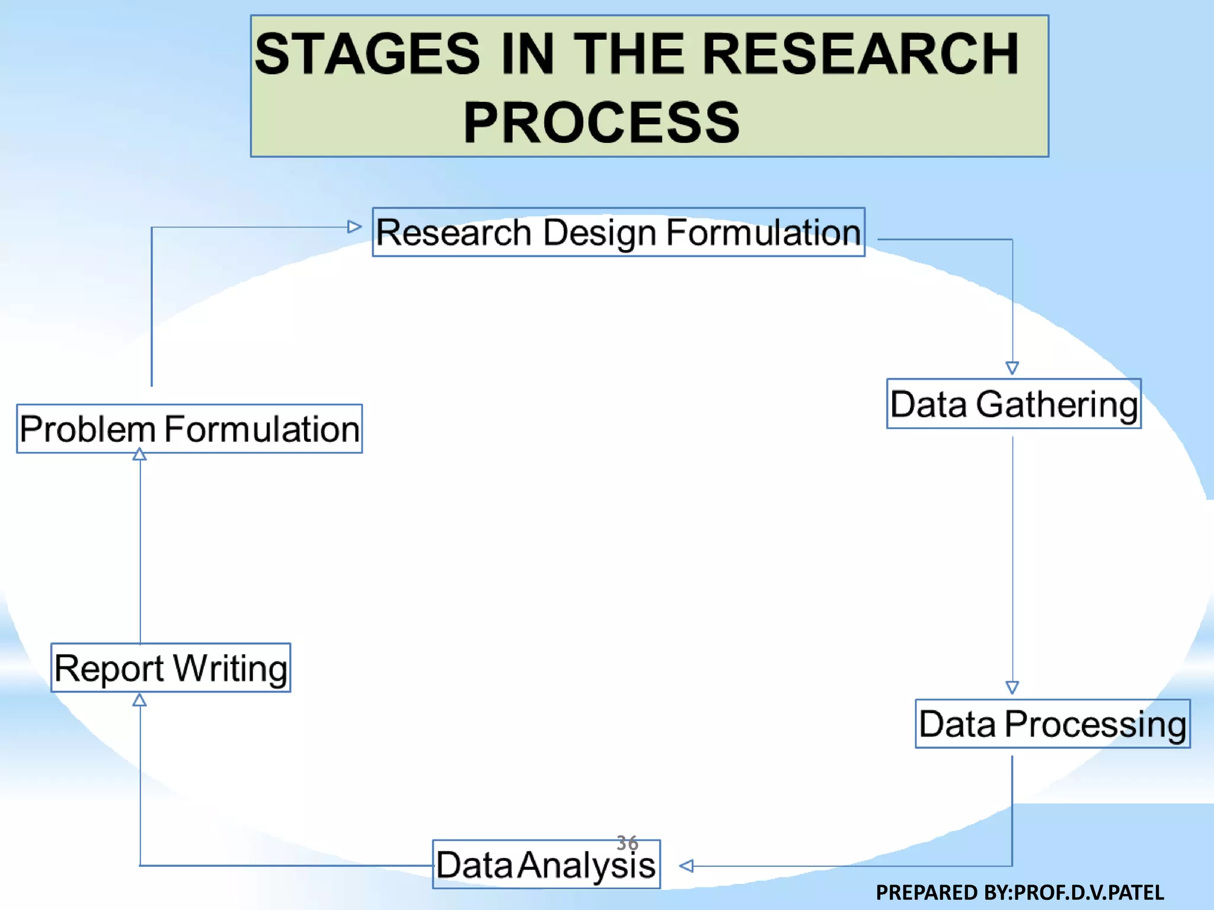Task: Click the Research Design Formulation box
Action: tap(618, 232)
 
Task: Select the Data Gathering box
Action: tap(1014, 404)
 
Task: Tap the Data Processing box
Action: tap(1052, 724)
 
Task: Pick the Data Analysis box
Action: tap(546, 865)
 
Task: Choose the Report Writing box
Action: tap(171, 668)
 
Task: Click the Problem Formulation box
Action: tap(189, 429)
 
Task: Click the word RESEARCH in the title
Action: tap(860, 55)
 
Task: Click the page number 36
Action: tap(627, 842)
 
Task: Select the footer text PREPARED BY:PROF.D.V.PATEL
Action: tap(1020, 892)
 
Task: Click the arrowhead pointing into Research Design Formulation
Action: tap(354, 227)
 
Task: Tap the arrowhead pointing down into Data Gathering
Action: tap(1012, 368)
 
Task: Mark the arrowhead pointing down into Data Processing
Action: tap(1012, 687)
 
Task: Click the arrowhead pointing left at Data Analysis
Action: tap(686, 866)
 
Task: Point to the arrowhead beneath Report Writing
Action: tap(139, 700)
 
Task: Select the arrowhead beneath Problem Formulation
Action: tap(139, 454)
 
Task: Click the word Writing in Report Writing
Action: tap(231, 669)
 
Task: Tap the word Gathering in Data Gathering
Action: tap(1057, 405)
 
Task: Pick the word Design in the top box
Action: tap(599, 233)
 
